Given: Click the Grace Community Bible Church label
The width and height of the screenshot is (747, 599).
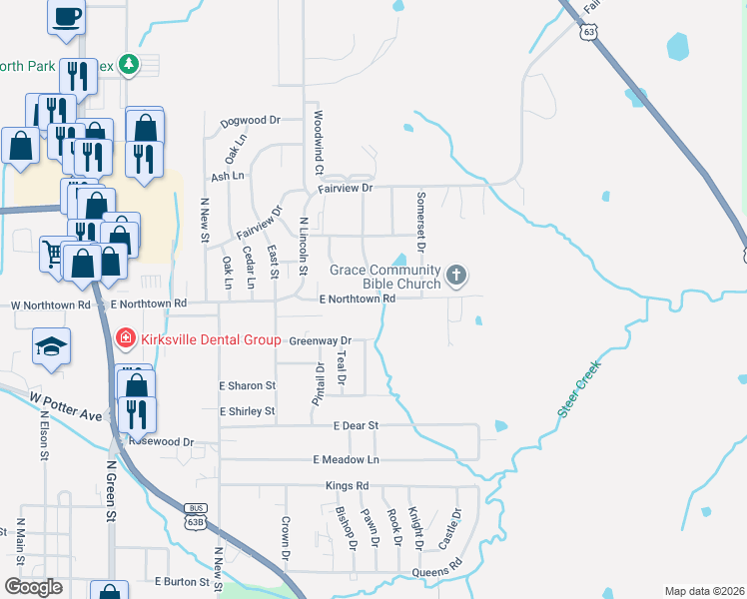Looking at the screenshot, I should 384,277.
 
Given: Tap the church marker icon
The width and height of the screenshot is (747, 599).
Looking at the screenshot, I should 456,275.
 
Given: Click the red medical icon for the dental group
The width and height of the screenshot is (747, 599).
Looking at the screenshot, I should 125,339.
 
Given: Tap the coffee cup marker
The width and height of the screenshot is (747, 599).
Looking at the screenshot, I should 66,17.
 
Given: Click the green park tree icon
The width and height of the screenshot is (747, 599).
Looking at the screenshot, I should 128,65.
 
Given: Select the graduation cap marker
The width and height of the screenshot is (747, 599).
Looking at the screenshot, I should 52,345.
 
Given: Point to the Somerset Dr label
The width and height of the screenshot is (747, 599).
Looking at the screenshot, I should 421,222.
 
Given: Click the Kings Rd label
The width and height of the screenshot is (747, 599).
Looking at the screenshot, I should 347,486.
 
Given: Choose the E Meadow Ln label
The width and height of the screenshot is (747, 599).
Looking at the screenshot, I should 347,459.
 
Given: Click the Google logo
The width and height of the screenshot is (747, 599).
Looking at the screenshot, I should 33,587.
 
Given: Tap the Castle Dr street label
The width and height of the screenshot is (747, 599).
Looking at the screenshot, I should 450,530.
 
